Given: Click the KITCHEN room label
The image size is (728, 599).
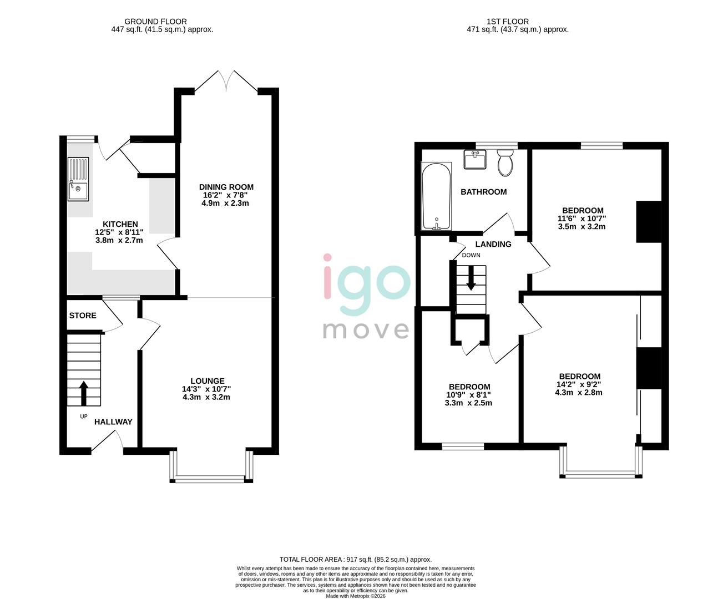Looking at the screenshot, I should (x=120, y=224).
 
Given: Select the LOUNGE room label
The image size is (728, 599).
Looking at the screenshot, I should (x=208, y=381).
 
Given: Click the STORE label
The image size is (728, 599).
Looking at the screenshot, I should (x=83, y=316).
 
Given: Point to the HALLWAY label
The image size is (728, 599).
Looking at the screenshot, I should (x=113, y=422).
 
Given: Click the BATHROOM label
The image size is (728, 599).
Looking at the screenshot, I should (x=483, y=192).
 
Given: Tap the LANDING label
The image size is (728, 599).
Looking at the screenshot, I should (x=493, y=244).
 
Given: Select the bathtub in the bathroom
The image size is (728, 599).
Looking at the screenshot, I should (x=437, y=196).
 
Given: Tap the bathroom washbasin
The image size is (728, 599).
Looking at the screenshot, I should (x=476, y=160).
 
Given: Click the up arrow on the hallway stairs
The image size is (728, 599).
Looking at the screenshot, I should (x=84, y=393).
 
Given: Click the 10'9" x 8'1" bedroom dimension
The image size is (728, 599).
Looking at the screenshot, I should (x=469, y=395).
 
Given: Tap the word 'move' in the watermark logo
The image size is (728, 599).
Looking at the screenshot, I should (x=366, y=329).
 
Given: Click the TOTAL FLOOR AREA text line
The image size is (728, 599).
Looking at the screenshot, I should (x=355, y=560).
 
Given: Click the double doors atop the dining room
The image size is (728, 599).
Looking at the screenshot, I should (x=226, y=82).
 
